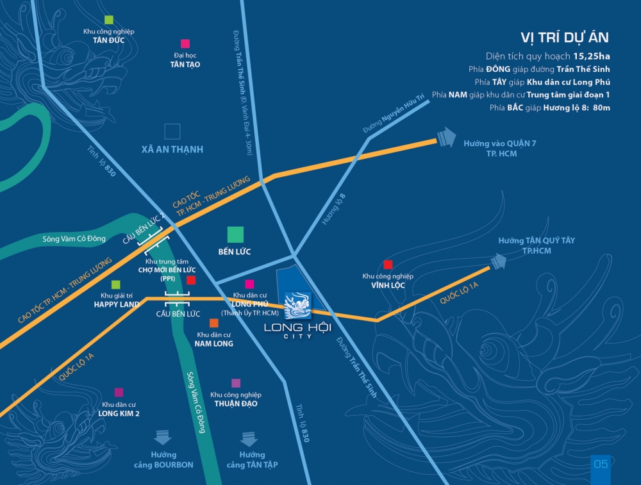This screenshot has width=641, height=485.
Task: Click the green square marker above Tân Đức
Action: (x=109, y=20)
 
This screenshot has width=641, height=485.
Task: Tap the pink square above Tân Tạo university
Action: (x=185, y=44)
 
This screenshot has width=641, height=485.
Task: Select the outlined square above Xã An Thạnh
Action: (x=172, y=131)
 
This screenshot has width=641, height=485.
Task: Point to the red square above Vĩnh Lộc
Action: (x=388, y=265)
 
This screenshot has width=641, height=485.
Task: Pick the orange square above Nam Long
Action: (x=213, y=322)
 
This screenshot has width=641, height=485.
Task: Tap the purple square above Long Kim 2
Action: (x=119, y=392)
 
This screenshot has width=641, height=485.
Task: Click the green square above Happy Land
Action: (x=116, y=284)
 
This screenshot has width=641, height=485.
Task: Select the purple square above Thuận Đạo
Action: (x=236, y=383)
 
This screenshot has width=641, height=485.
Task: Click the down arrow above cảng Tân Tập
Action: (x=249, y=439)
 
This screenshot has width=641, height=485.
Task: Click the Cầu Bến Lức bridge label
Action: (x=178, y=314)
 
